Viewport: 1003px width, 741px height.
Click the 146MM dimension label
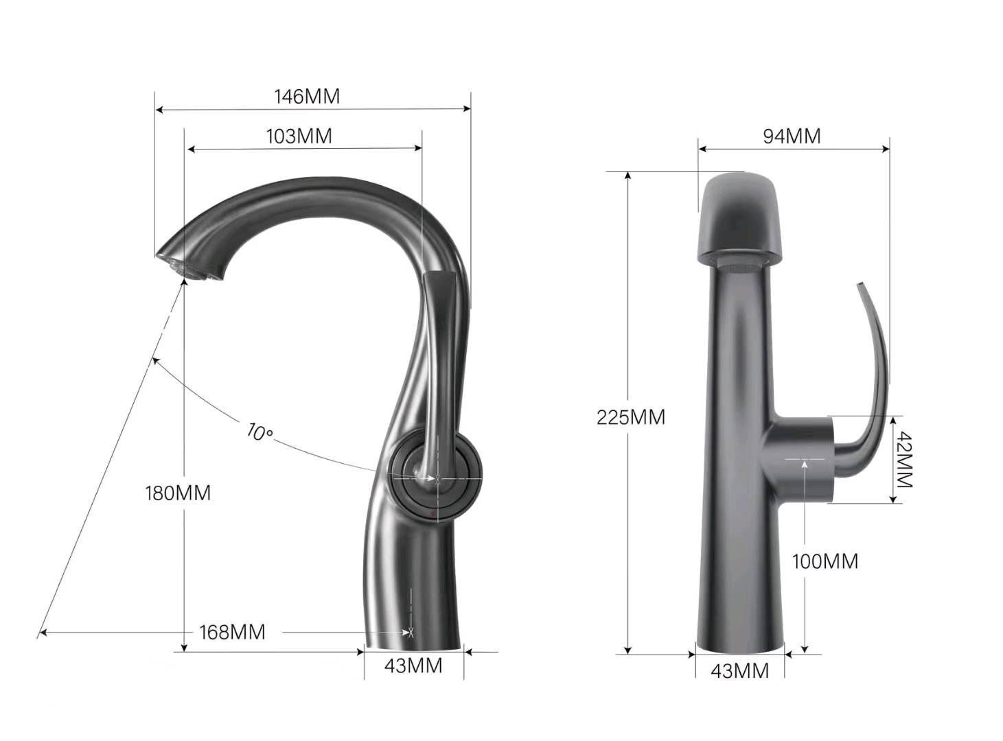tap(307, 96)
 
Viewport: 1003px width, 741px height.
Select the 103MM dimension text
tap(299, 136)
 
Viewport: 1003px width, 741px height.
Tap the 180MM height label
tap(178, 493)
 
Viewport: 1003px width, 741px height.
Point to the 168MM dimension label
tap(232, 632)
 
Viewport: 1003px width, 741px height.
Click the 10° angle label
tap(260, 432)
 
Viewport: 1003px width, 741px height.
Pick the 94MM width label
tap(792, 136)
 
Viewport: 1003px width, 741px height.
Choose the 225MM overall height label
tap(631, 417)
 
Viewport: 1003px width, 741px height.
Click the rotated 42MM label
tap(903, 459)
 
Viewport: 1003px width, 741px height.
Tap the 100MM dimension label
tap(825, 561)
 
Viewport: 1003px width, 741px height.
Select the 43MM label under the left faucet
tap(413, 666)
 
